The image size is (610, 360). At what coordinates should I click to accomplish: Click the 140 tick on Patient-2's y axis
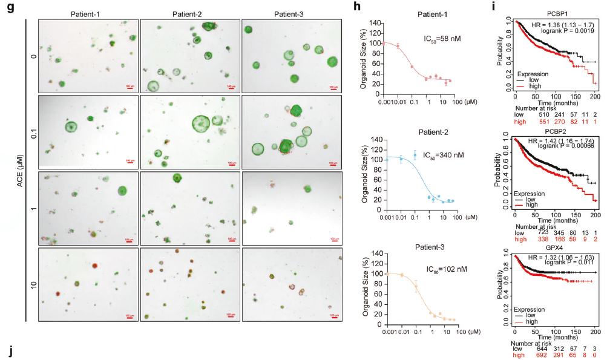(371, 140)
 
